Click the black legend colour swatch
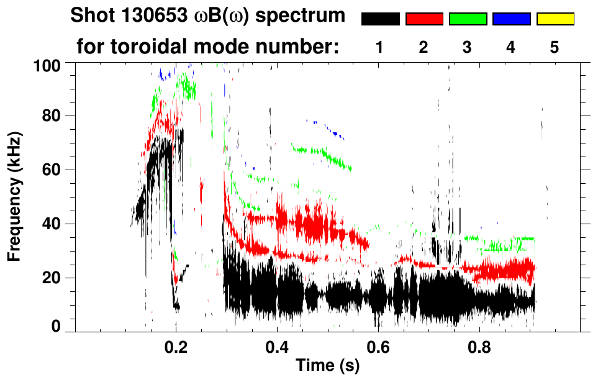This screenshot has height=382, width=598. [381, 19]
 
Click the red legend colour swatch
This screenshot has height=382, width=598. [424, 19]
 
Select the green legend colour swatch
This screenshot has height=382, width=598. [468, 19]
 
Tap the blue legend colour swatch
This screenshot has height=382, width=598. [511, 19]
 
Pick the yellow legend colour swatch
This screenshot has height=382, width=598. [555, 19]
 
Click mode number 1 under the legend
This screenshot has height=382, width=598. [379, 47]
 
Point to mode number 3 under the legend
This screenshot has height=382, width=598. [468, 47]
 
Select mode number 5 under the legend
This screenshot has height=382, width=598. [555, 47]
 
